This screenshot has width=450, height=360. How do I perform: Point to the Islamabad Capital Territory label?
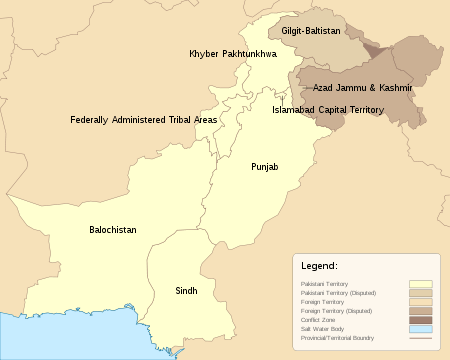pyautogui.click(x=327, y=110)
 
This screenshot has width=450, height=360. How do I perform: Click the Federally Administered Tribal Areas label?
pyautogui.click(x=143, y=120)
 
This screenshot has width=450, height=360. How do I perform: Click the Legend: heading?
pyautogui.click(x=319, y=267)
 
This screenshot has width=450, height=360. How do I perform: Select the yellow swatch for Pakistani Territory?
pyautogui.click(x=420, y=284)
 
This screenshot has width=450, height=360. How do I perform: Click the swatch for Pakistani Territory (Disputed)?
pyautogui.click(x=420, y=293)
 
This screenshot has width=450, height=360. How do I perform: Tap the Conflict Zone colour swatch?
pyautogui.click(x=420, y=320)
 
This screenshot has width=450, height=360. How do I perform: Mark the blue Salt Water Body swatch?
pyautogui.click(x=420, y=329)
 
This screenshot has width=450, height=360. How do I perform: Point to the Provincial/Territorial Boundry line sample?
pyautogui.click(x=420, y=338)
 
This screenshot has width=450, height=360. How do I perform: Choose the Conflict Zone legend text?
pyautogui.click(x=320, y=320)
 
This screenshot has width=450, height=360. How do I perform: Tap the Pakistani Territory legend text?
pyautogui.click(x=326, y=284)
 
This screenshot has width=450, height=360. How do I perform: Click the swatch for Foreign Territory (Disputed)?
pyautogui.click(x=420, y=311)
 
